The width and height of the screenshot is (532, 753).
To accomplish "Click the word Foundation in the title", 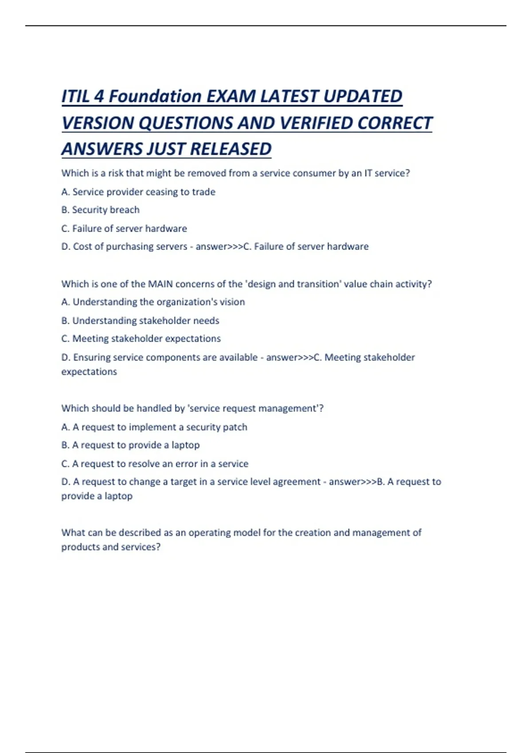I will click(155, 97).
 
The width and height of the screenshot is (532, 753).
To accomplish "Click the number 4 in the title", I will click(99, 97).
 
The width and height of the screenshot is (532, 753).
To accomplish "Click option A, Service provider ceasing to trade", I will click(138, 192).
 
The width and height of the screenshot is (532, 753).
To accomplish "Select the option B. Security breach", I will click(100, 210).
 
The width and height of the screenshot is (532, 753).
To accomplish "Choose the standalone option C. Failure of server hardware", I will click(124, 229).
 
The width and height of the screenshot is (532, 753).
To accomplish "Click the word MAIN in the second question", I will click(160, 284).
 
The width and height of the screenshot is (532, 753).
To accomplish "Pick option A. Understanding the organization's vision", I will click(153, 302).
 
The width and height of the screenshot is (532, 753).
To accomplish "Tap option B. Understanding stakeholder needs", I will click(140, 321).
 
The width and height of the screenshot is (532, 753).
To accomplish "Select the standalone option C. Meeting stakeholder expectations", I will click(141, 339).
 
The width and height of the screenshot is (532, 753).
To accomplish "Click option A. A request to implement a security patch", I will click(154, 427).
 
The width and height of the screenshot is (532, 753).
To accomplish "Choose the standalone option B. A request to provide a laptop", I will click(130, 445).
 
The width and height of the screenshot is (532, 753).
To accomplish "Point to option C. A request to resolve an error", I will click(155, 464).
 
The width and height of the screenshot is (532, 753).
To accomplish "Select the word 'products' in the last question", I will click(80, 547).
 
